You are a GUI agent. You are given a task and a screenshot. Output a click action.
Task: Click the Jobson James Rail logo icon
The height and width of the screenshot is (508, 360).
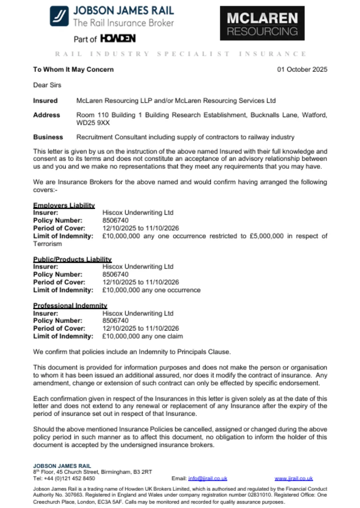click(x=59, y=16)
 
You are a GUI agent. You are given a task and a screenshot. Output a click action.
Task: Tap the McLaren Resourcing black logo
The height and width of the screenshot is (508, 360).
click(x=262, y=24)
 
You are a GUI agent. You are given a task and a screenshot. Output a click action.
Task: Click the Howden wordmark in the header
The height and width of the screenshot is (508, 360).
click(x=118, y=39)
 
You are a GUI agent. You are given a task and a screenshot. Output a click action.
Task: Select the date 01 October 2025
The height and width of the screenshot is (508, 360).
click(x=302, y=70)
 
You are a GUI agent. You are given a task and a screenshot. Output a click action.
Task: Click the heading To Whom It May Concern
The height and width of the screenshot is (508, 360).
click(x=73, y=70)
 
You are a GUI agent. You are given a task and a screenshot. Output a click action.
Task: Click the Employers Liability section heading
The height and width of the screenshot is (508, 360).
click(x=64, y=205)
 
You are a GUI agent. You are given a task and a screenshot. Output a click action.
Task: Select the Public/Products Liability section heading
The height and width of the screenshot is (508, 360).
click(x=72, y=259)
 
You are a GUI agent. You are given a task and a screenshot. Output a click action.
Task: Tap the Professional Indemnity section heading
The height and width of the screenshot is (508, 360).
click(x=70, y=306)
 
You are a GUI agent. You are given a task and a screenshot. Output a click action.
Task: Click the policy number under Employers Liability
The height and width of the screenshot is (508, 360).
click(x=116, y=220)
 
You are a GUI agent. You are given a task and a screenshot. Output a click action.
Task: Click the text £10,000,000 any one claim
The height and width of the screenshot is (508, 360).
click(x=142, y=336)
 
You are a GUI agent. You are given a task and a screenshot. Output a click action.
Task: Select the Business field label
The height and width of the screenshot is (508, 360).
click(x=48, y=137)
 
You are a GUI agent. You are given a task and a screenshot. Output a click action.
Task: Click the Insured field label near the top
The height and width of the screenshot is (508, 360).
click(x=45, y=101)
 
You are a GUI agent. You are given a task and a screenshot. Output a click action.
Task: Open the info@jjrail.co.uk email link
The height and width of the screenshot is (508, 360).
click(x=207, y=478)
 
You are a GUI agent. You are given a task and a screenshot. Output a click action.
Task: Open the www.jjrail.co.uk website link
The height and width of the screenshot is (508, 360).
click(x=294, y=478)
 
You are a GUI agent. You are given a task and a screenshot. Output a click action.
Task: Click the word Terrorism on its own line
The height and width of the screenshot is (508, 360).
click(x=48, y=244)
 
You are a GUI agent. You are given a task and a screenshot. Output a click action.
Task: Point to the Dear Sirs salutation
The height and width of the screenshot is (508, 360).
click(x=47, y=85)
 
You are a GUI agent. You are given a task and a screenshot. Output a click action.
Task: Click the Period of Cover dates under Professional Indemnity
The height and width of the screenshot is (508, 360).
click(x=140, y=329)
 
